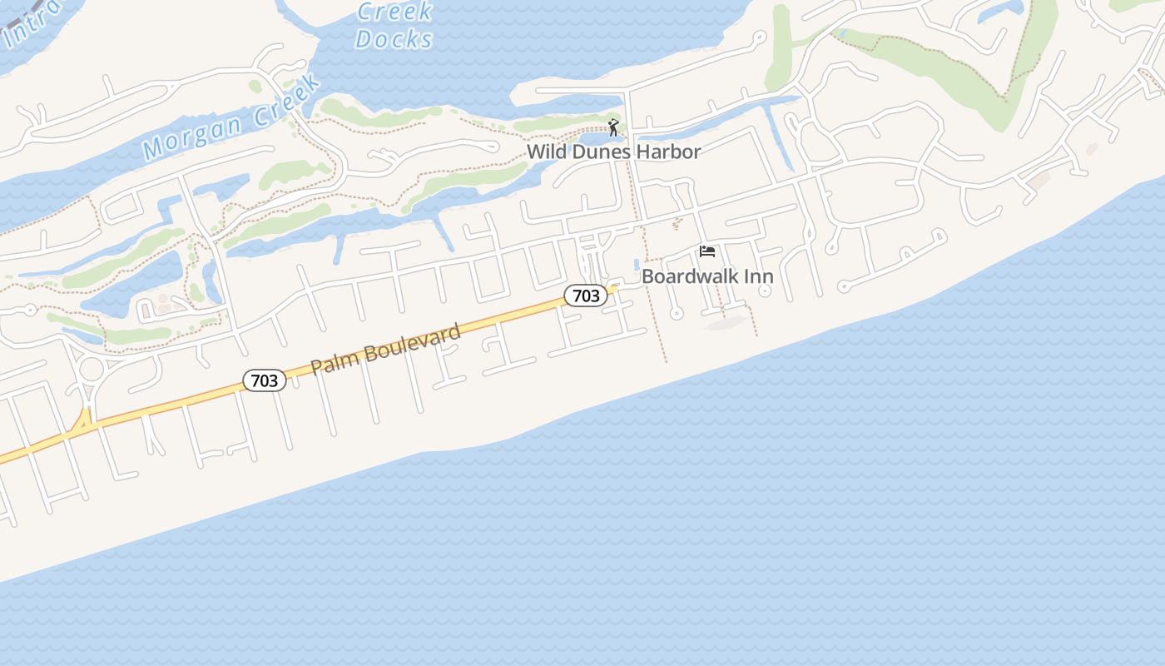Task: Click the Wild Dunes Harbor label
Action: [613, 152]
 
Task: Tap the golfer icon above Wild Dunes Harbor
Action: [613, 127]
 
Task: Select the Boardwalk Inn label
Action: [707, 276]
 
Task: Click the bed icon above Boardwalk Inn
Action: [707, 251]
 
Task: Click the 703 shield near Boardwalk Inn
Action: [586, 296]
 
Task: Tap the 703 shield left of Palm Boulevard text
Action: [265, 380]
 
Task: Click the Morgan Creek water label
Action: [231, 117]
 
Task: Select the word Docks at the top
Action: [394, 39]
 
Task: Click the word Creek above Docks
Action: [394, 12]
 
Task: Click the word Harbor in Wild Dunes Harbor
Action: [666, 152]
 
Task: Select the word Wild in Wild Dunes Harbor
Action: [545, 152]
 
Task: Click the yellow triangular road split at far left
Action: [82, 424]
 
